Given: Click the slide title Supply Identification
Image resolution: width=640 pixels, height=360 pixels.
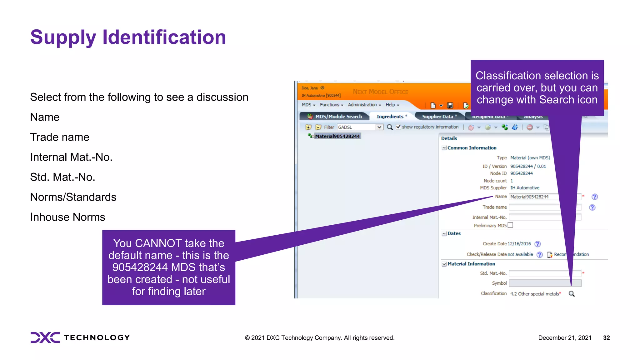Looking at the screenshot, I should (x=128, y=37).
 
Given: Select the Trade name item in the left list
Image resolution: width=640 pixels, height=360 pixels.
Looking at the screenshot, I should (x=60, y=137).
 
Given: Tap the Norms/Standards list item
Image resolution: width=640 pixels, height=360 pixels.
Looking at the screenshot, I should (x=73, y=197).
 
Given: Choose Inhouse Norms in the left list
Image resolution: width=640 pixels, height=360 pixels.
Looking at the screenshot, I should (x=67, y=217).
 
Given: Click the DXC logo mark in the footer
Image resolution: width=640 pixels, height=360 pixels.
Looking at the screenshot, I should (x=45, y=337).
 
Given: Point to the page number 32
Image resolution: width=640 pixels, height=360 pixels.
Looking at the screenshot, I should (x=606, y=338).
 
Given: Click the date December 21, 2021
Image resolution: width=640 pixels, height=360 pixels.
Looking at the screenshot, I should (x=565, y=338).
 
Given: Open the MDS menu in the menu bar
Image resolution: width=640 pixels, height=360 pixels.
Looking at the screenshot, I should (x=308, y=105).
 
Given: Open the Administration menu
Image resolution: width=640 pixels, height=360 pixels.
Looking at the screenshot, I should (x=364, y=105).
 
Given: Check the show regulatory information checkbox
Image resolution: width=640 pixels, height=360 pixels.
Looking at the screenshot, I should (x=398, y=127).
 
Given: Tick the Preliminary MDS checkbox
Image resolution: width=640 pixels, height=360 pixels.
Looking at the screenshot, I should (x=510, y=225).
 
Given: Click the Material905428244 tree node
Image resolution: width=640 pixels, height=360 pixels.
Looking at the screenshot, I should (x=337, y=136).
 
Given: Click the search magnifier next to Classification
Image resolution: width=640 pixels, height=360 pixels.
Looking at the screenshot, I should (x=572, y=294).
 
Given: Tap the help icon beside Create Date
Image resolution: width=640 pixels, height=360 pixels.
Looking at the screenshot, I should (x=537, y=244).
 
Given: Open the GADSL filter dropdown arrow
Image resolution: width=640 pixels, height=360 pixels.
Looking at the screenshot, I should (x=379, y=127).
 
